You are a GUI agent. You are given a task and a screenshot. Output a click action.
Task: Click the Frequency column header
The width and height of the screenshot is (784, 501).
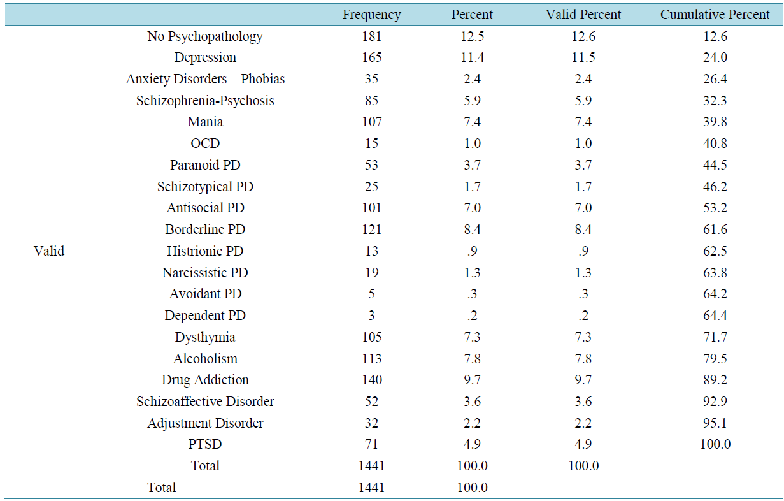(x=371, y=15)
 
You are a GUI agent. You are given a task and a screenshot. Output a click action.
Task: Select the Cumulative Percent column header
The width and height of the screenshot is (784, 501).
(x=715, y=15)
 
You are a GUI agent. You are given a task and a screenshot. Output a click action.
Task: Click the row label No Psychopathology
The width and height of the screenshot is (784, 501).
(x=205, y=36)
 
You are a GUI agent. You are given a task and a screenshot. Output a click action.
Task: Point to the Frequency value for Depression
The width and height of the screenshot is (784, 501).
(x=371, y=57)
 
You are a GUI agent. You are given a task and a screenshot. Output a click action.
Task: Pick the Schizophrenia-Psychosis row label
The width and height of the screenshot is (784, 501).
(x=205, y=101)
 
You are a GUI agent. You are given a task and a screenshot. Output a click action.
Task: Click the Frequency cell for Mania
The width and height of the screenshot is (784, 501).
(x=371, y=122)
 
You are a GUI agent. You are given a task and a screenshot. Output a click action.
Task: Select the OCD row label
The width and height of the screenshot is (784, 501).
(x=205, y=143)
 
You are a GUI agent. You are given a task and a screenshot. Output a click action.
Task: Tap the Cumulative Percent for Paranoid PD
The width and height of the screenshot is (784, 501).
(x=715, y=165)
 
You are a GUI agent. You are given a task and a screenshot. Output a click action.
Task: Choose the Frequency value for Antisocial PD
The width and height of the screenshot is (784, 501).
(x=371, y=208)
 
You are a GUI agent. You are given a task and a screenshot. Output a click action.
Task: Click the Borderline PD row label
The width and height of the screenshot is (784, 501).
(x=205, y=229)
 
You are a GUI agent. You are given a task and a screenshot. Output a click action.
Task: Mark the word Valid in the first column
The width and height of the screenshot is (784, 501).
(x=49, y=251)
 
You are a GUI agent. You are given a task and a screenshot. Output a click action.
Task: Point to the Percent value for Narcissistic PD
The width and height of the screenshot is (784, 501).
(x=472, y=273)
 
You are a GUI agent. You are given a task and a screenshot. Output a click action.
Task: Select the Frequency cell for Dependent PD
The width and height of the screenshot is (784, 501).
(x=371, y=316)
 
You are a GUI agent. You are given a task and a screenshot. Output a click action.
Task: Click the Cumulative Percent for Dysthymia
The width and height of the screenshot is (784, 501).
(x=715, y=337)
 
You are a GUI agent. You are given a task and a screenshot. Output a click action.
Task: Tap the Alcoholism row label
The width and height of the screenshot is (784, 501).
(x=205, y=359)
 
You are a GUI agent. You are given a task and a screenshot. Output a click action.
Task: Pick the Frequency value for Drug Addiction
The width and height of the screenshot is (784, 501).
(x=371, y=380)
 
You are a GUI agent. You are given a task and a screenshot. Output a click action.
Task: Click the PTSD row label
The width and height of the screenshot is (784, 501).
(x=205, y=444)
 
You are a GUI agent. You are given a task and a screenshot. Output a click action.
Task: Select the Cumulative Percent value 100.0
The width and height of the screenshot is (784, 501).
(x=715, y=444)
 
